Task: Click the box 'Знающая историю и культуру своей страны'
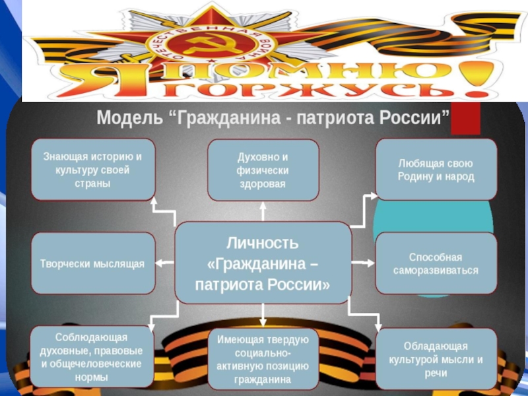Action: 93,170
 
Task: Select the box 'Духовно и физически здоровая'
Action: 263,170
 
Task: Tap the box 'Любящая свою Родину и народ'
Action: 436,170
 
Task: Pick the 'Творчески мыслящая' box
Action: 93,263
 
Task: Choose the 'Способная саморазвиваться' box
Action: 436,263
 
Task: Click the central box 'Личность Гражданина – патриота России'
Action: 263,262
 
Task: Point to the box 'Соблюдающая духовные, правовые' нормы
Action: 93,356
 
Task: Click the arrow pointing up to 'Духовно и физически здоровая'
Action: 263,211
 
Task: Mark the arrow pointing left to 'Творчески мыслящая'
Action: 164,263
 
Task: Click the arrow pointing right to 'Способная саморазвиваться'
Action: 363,263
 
